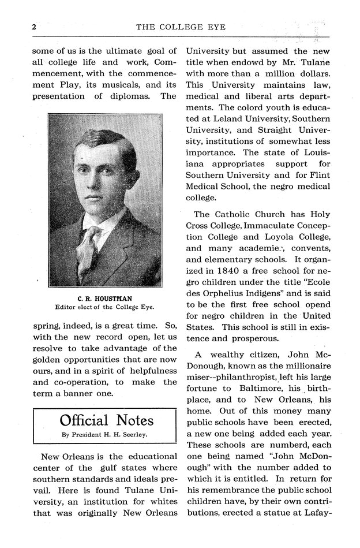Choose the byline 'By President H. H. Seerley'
click(x=104, y=434)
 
